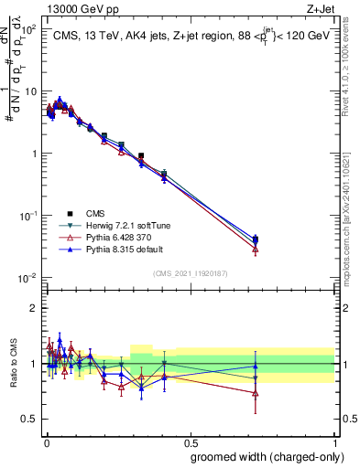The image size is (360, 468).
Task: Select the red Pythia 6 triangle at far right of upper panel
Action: pos(255,249)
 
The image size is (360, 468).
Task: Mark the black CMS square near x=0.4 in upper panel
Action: pos(163,173)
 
